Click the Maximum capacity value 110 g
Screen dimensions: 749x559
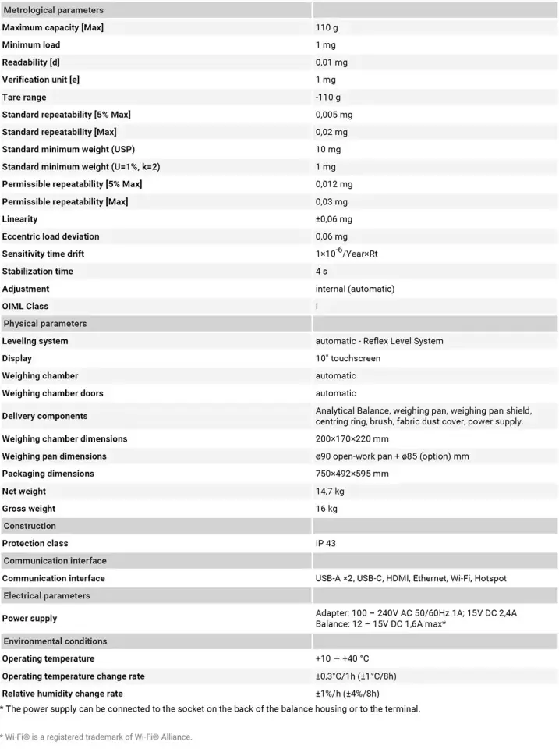tap(327, 27)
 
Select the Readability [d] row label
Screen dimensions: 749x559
tap(31, 62)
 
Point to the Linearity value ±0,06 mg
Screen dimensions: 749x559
tap(334, 219)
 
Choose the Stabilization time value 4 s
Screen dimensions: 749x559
tap(321, 272)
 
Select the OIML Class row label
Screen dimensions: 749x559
tap(25, 307)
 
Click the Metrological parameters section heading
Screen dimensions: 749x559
tap(53, 10)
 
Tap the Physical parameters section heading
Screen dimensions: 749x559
tap(45, 324)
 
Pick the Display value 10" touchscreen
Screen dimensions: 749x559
tap(348, 359)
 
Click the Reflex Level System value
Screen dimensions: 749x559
tap(379, 341)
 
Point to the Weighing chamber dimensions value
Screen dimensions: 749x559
tap(352, 438)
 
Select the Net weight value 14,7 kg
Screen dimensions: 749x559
tap(330, 492)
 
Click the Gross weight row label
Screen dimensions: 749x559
tap(28, 509)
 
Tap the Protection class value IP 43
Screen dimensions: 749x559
tap(326, 543)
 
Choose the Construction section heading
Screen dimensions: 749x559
tap(30, 526)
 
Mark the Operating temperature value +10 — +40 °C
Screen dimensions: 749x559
tap(342, 658)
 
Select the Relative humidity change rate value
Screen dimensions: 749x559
tap(347, 694)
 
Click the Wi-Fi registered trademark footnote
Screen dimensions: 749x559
tap(96, 737)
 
